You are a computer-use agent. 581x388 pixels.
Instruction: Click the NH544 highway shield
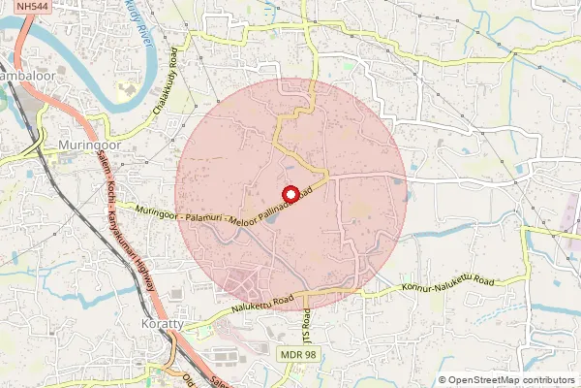point(34,7)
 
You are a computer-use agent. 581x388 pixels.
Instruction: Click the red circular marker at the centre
point(289,193)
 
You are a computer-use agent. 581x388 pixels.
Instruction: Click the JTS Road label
point(309,328)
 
